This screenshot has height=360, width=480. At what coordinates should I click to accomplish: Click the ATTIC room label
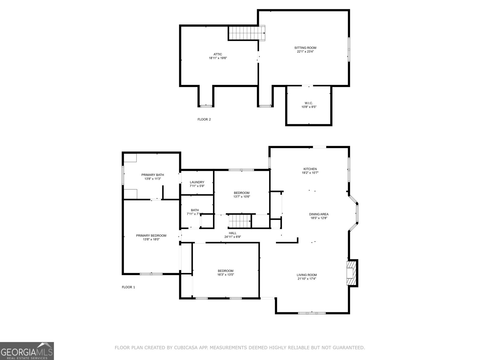(x=218, y=54)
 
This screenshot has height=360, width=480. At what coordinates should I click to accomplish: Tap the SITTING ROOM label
(x=305, y=48)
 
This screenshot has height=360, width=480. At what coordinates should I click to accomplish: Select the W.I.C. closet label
(x=309, y=103)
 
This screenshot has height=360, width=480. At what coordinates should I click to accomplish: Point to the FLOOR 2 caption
(x=204, y=119)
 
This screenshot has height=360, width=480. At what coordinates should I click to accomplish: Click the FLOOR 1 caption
(x=128, y=287)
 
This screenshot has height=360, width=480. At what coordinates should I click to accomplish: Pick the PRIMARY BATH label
(x=153, y=175)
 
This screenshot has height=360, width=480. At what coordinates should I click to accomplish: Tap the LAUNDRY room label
(x=197, y=182)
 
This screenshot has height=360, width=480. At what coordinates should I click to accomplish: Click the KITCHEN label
(x=310, y=169)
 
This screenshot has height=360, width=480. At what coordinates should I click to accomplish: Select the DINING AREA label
(x=319, y=214)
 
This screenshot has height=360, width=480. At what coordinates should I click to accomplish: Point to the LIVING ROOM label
(x=307, y=275)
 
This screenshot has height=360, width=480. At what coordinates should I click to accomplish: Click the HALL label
(x=232, y=233)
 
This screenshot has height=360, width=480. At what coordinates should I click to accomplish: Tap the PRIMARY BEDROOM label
(x=151, y=235)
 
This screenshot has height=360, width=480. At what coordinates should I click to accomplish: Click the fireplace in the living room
(x=351, y=273)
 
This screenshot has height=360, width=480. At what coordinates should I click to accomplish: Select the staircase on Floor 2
(x=247, y=33)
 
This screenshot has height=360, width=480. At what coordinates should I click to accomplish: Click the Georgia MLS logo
(x=27, y=351)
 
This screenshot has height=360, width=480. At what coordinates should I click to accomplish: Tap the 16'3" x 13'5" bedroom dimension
(x=226, y=274)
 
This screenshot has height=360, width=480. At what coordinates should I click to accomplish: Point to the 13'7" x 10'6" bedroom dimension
(x=241, y=197)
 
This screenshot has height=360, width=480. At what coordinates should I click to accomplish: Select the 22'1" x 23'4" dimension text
(x=305, y=52)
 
